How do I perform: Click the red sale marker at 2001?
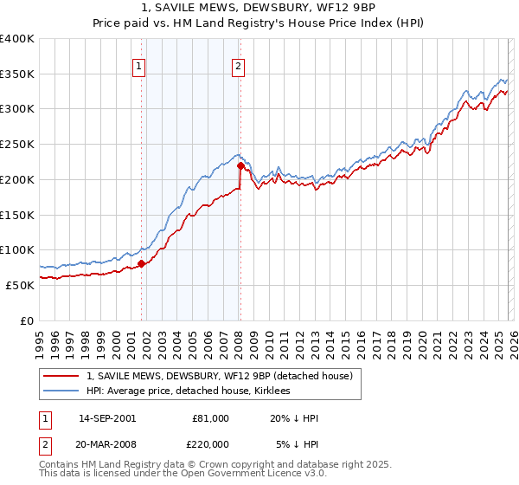pyautogui.click(x=141, y=263)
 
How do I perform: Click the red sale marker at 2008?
pyautogui.click(x=240, y=165)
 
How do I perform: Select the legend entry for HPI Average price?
pyautogui.click(x=188, y=391)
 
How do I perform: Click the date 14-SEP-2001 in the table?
pyautogui.click(x=106, y=418)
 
